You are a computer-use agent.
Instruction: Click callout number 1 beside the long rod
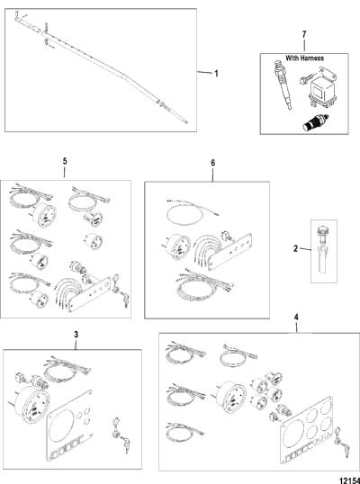click(x=216, y=74)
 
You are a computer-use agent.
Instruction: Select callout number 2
click(x=295, y=248)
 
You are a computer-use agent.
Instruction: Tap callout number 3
click(x=76, y=335)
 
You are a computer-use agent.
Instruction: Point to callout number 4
click(x=296, y=317)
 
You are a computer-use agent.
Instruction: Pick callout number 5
click(x=65, y=161)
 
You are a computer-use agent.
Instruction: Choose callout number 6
click(x=213, y=163)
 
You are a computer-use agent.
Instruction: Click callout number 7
click(x=304, y=34)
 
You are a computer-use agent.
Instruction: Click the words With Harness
click(x=304, y=58)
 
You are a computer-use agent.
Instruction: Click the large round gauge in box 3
click(x=30, y=405)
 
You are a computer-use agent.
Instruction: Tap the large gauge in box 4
click(x=230, y=396)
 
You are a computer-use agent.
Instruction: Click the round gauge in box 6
click(x=175, y=246)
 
